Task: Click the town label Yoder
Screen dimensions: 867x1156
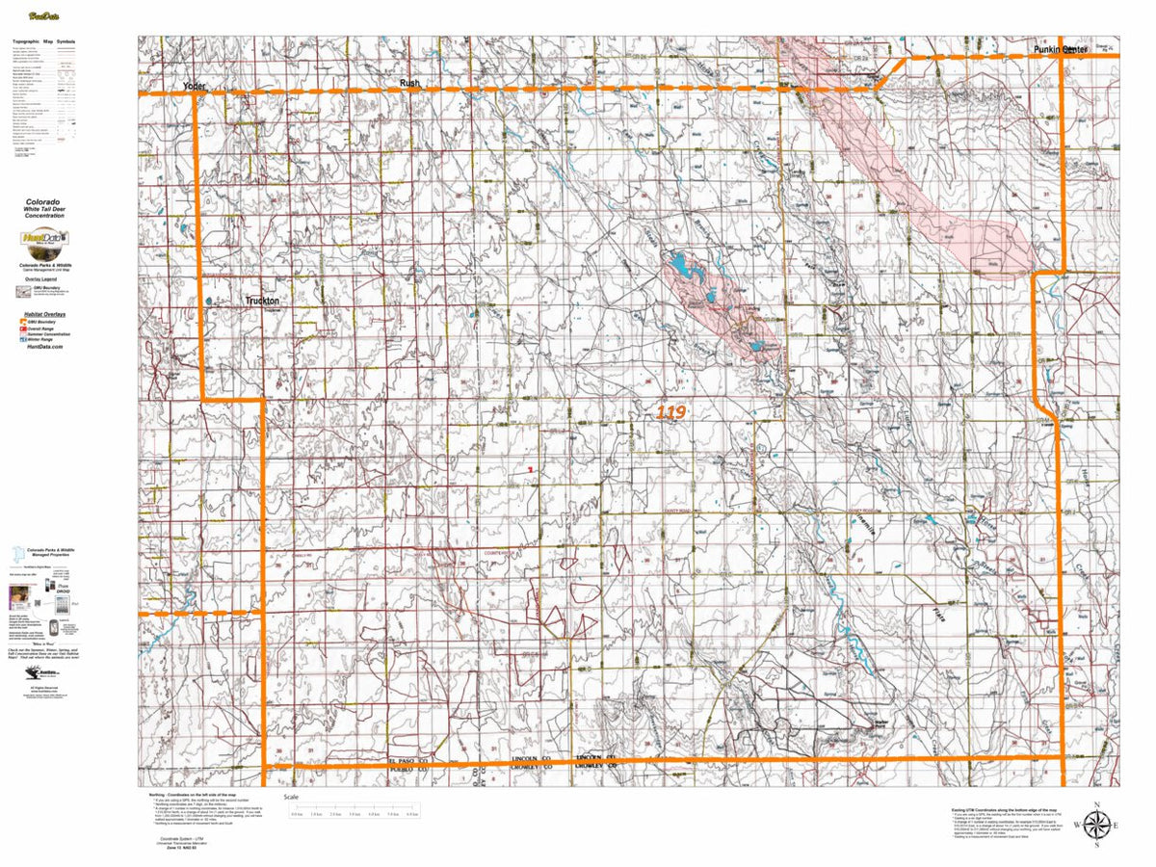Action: coord(196,87)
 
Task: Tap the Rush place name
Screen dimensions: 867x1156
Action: coord(410,84)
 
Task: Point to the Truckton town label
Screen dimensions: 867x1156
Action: coord(261,301)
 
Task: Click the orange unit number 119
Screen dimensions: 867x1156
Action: coord(670,412)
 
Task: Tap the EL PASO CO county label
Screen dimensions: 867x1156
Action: coord(412,761)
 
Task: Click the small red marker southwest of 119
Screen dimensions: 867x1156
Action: coord(530,469)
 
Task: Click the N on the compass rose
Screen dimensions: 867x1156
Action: coord(1096,803)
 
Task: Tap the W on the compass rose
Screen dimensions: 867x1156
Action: coord(1076,826)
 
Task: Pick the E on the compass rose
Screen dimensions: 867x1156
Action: coord(1117,826)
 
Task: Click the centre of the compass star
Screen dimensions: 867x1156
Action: coord(1096,825)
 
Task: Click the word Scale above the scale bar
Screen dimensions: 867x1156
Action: coord(291,799)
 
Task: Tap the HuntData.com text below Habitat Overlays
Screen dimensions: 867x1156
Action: coord(44,347)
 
